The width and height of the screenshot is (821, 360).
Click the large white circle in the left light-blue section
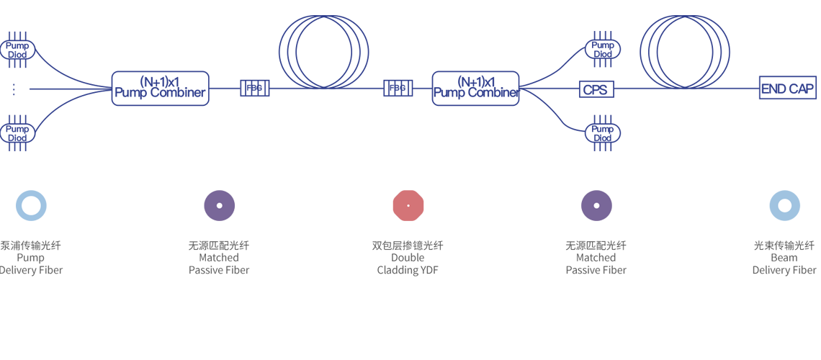coord(31,205)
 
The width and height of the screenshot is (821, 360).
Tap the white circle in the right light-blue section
coord(785,205)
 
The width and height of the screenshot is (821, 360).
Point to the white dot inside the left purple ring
coord(220,205)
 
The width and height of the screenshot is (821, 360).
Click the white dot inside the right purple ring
coord(596,205)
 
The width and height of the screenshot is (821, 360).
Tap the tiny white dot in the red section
coord(408,205)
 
